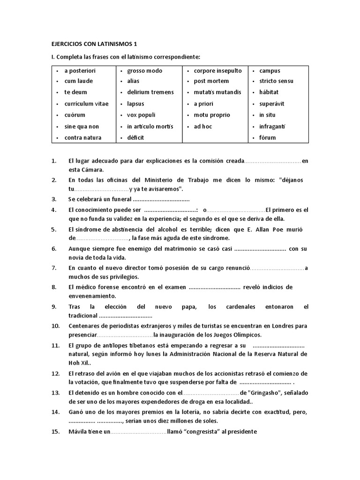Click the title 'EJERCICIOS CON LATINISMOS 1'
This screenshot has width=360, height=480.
click(94, 44)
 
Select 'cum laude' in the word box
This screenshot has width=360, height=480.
click(79, 81)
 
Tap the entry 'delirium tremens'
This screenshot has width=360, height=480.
click(150, 92)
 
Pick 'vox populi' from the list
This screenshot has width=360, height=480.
click(141, 115)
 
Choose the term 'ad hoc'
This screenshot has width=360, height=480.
click(203, 127)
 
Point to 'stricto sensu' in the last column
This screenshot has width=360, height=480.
click(276, 81)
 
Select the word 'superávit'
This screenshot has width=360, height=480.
click(272, 104)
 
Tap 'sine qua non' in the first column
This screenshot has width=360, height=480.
click(82, 127)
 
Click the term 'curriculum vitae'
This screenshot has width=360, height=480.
click(86, 104)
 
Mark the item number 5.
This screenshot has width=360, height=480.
click(54, 230)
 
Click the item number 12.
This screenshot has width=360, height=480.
click(55, 374)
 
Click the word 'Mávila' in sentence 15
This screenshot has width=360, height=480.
click(77, 431)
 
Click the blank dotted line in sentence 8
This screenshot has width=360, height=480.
click(214, 287)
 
